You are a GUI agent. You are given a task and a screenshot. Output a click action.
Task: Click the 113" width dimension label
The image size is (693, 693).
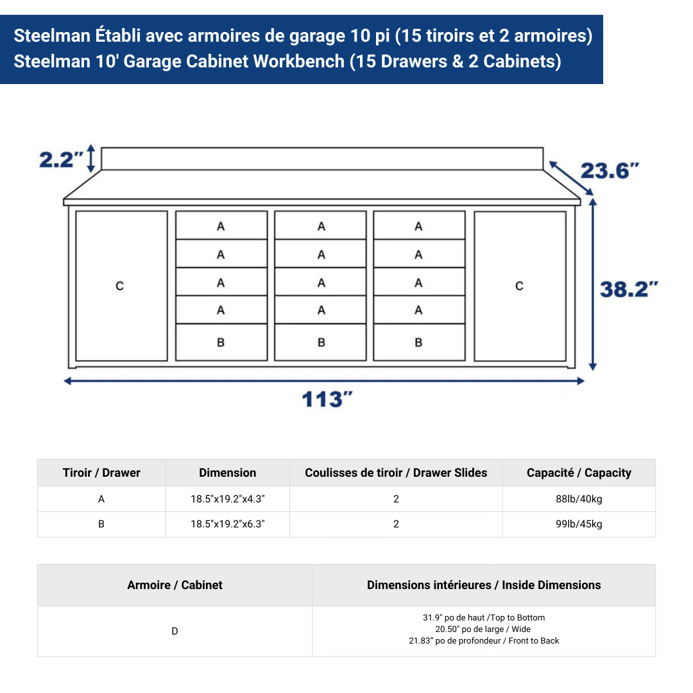click(327, 399)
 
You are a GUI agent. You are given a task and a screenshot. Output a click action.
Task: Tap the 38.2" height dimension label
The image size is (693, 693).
click(629, 289)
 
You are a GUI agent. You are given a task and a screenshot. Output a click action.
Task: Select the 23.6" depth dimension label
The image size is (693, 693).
click(610, 171)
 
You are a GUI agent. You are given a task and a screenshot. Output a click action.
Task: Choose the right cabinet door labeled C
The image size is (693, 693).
click(520, 286)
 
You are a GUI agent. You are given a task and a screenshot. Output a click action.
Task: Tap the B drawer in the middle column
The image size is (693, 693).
click(321, 343)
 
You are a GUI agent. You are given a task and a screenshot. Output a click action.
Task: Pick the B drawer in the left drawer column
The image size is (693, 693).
click(221, 343)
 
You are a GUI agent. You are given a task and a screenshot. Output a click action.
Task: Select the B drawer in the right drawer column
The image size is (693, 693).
click(419, 343)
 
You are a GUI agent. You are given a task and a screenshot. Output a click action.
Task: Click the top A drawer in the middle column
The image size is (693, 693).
click(321, 226)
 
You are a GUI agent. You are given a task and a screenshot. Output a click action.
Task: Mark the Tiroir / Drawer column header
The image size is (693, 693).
click(101, 473)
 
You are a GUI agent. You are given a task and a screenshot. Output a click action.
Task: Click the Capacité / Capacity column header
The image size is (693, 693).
click(579, 473)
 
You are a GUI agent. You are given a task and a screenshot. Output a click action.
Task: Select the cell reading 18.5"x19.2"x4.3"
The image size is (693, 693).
click(228, 499)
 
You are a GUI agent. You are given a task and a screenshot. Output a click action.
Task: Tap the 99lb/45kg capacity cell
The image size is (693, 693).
click(579, 524)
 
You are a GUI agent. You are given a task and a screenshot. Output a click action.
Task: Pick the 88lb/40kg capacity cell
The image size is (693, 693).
click(579, 499)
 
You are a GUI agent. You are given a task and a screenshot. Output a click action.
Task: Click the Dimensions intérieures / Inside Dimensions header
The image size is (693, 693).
click(484, 585)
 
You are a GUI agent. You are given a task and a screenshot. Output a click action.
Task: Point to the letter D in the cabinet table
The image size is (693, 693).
click(175, 631)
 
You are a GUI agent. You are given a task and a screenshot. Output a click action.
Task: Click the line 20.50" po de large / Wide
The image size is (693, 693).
click(483, 629)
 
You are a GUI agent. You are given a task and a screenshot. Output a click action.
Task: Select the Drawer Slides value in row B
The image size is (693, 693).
click(396, 524)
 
